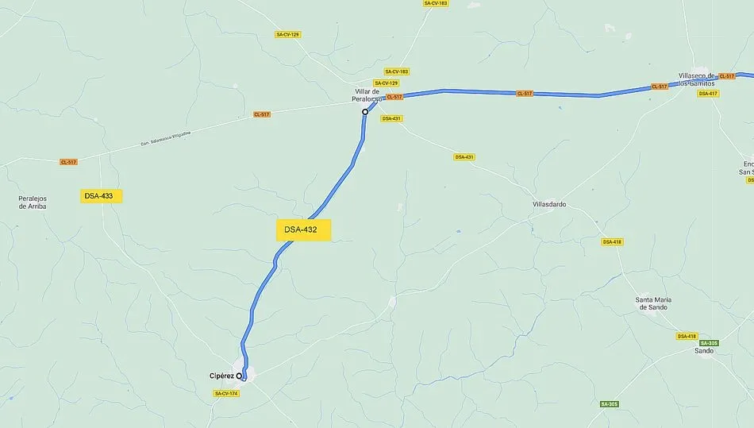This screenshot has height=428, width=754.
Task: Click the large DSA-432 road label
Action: [301, 230]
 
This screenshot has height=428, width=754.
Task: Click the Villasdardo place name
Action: [549, 204]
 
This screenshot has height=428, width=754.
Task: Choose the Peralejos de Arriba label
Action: [33, 202]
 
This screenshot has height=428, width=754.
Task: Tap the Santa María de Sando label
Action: [653, 303]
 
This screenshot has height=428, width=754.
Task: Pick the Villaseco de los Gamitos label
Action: [696, 79]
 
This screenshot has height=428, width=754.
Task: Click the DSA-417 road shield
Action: [708, 94]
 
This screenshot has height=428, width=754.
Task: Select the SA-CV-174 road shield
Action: [225, 394]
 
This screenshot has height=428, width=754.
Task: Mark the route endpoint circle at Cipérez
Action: [240, 376]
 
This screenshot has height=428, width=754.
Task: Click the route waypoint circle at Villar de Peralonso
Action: [365, 112]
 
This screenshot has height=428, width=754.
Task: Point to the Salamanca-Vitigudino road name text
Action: [166, 137]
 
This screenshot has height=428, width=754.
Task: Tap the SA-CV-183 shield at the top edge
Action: [436, 3]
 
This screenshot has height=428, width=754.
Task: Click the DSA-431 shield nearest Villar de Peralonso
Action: [391, 118]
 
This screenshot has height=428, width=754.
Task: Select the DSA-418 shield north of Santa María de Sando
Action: [611, 241]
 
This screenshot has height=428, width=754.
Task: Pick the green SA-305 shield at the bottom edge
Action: [609, 404]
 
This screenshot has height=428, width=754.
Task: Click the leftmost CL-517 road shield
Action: [69, 162]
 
